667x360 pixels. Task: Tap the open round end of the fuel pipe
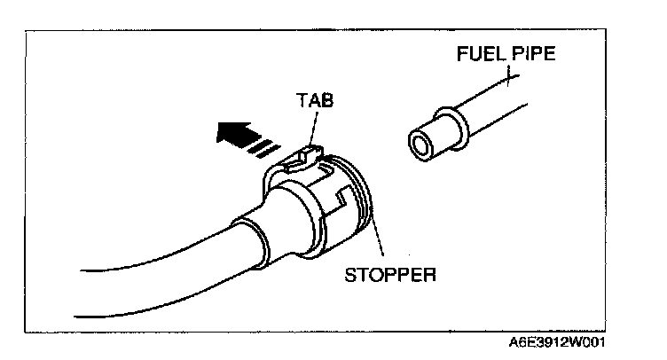pos(420,143)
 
